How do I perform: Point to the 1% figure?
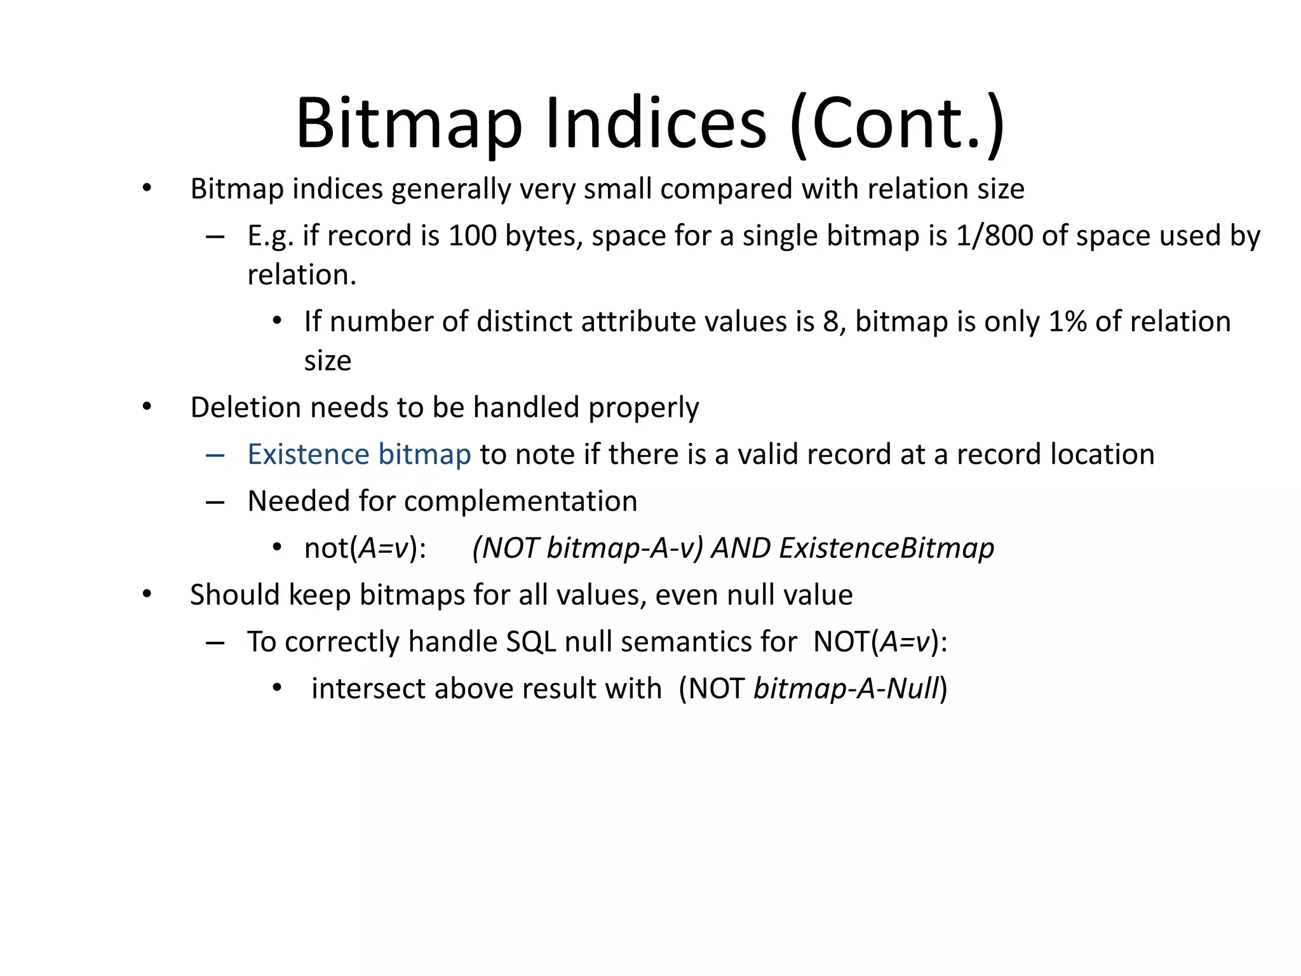click(1067, 322)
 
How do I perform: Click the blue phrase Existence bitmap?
click(359, 454)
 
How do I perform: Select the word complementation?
click(520, 501)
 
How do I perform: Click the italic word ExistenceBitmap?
click(886, 548)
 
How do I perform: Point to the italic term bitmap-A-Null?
click(846, 689)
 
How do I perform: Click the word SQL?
click(531, 642)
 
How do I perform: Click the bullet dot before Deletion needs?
click(147, 407)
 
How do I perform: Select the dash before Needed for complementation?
click(215, 502)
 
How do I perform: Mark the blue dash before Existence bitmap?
click(215, 455)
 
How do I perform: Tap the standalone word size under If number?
click(327, 361)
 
